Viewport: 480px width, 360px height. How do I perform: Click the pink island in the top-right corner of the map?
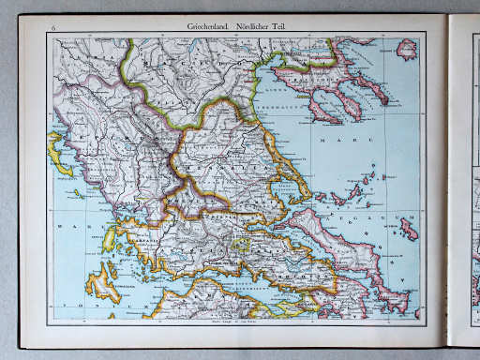(x=407, y=49)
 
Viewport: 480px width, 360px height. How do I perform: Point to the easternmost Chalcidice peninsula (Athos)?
(x=370, y=88)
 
